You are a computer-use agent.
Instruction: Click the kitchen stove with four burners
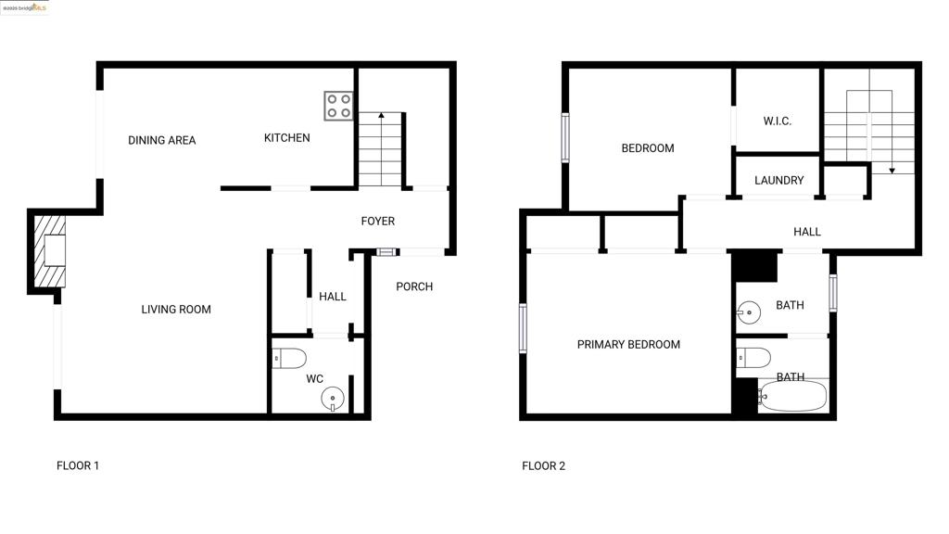(338, 106)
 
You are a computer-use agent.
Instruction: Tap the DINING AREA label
(162, 141)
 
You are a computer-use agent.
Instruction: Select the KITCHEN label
(287, 138)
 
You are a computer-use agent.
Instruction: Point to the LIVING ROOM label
(176, 310)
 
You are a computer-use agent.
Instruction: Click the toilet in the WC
(289, 358)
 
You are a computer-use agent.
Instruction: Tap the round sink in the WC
(333, 399)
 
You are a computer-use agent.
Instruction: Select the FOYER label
(378, 222)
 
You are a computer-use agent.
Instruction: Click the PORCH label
(414, 287)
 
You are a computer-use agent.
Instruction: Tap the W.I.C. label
(778, 121)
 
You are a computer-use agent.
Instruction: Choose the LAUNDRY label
(778, 181)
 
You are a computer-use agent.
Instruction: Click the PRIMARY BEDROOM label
(628, 345)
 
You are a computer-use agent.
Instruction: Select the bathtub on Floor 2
(792, 397)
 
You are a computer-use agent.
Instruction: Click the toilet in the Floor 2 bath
(753, 358)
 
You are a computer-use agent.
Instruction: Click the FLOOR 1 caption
(78, 466)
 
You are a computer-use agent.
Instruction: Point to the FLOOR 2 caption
(543, 466)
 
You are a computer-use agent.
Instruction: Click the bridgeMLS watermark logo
(24, 7)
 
